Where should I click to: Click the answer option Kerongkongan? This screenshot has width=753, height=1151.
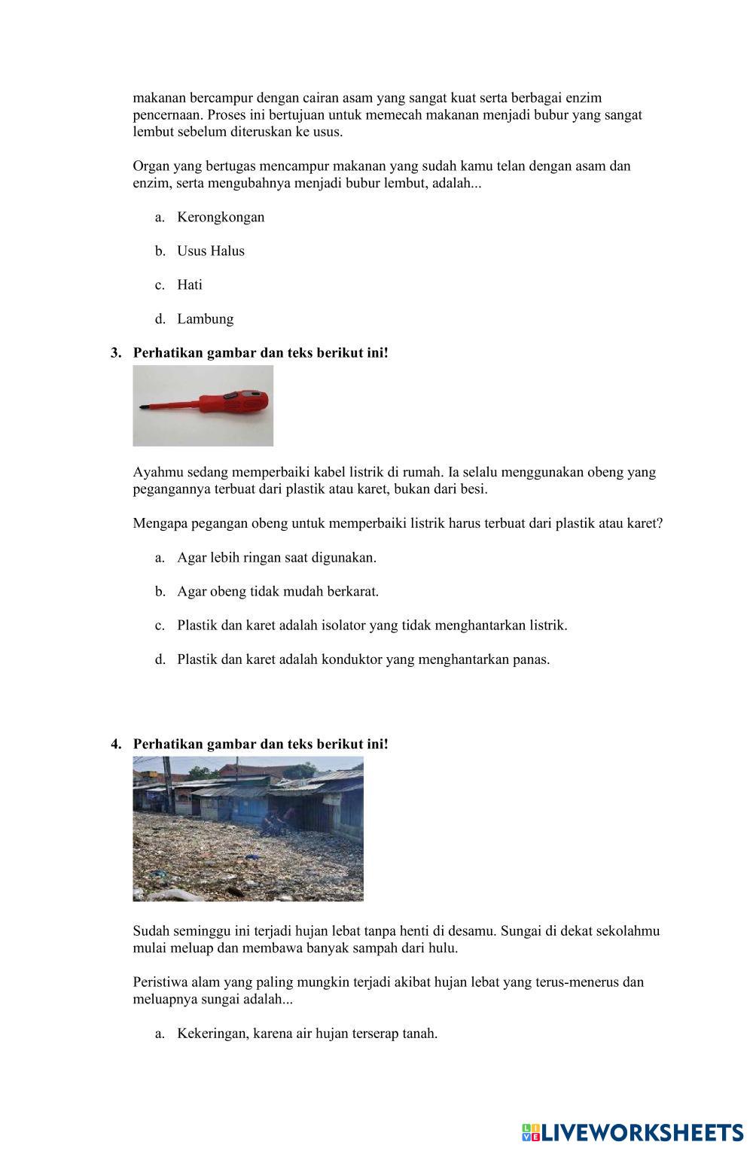220,218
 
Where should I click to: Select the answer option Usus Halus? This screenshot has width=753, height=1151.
210,251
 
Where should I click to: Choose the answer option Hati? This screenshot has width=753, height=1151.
190,285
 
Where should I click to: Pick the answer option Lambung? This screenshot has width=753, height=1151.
205,319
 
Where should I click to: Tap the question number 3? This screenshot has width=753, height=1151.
115,353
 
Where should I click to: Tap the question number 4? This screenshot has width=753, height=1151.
115,744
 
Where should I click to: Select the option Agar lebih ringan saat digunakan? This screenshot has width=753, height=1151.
276,558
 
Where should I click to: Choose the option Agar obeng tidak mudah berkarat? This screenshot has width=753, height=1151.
278,592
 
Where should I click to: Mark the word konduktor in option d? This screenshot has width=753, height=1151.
352,659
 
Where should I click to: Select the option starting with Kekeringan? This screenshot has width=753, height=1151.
306,1034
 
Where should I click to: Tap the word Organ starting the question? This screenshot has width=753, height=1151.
151,166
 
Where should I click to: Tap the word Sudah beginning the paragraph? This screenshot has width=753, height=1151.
151,931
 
